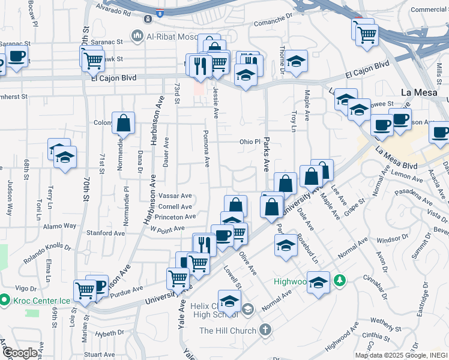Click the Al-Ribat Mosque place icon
pos(138,37)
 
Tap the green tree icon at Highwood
pos(339,280)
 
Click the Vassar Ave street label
pos(175,196)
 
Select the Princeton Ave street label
pos(175,217)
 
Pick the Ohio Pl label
pos(250,142)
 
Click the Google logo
pos(20,353)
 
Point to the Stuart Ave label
pos(100,355)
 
